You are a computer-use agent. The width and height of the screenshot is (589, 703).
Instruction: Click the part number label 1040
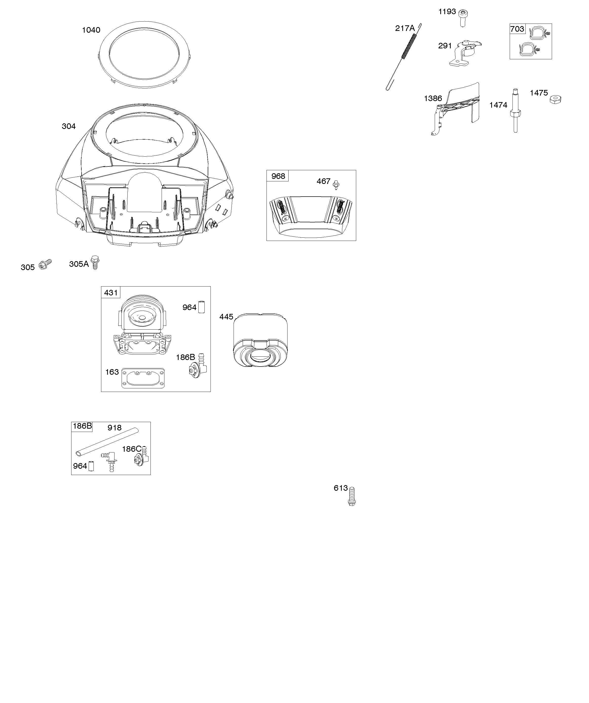point(91,30)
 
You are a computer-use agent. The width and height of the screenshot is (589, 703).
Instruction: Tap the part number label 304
point(69,126)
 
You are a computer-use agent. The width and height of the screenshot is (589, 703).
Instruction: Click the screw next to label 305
point(45,264)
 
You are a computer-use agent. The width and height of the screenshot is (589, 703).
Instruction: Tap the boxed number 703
point(517,29)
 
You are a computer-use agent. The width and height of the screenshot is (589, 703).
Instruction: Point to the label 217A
point(405,28)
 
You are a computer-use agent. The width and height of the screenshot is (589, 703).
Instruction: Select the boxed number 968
point(278,176)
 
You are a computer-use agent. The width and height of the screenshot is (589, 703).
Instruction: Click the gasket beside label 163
point(143,378)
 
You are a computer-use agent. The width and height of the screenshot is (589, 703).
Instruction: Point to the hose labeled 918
point(107,441)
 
